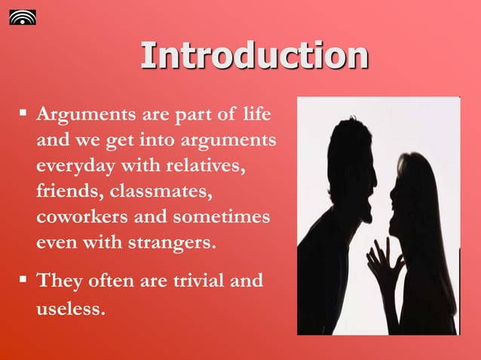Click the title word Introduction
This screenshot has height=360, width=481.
click(x=254, y=56)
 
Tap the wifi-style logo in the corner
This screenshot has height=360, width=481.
click(x=22, y=17)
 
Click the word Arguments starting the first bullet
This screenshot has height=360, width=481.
click(x=84, y=115)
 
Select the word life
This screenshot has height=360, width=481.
click(x=258, y=114)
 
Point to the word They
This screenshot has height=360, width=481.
click(x=60, y=281)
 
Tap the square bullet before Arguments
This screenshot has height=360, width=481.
click(x=23, y=114)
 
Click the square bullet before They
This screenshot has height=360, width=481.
click(x=23, y=280)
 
